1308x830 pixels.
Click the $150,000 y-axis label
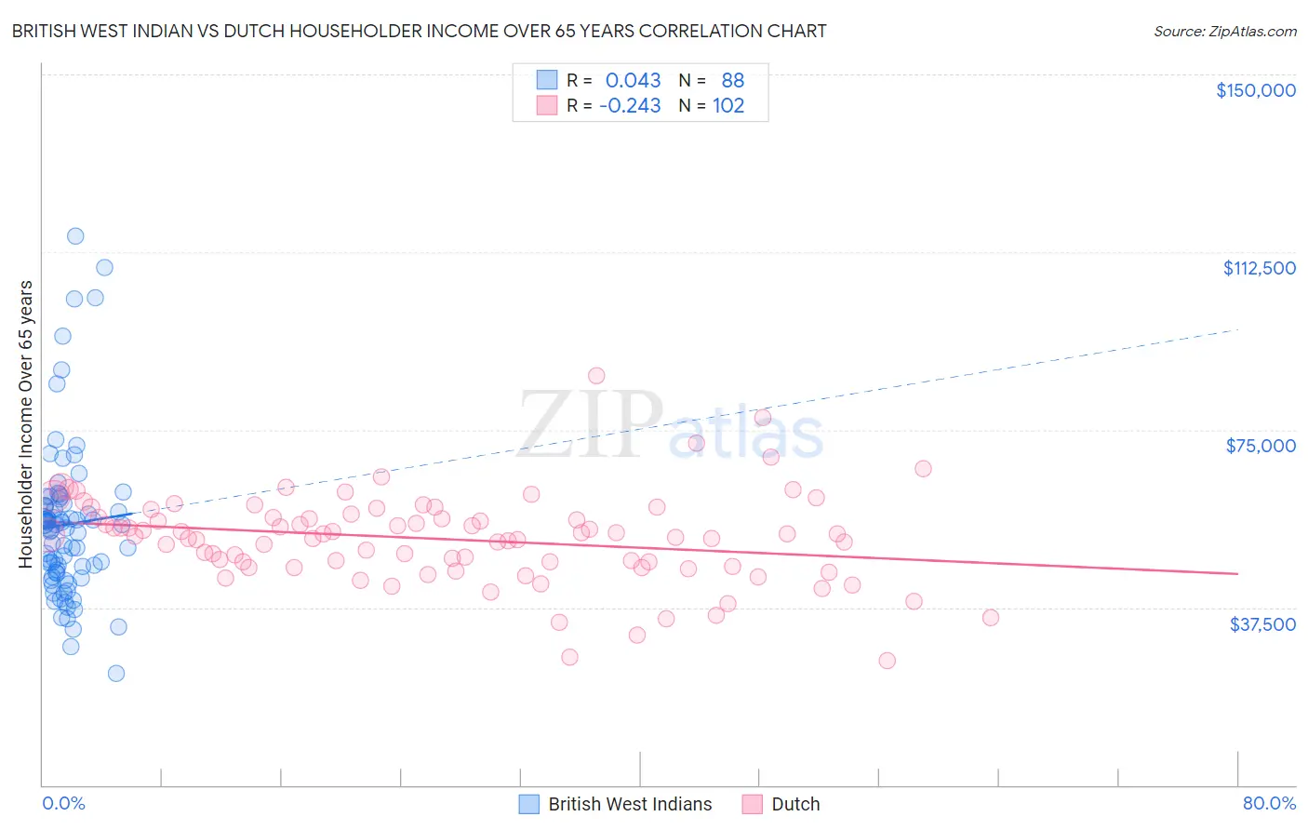tap(1255, 90)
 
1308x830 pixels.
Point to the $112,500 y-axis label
tap(1259, 268)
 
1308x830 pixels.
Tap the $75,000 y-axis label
tap(1261, 446)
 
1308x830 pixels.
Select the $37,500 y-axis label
tap(1262, 624)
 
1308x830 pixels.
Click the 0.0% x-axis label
tap(63, 803)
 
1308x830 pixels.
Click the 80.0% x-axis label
tap(1269, 803)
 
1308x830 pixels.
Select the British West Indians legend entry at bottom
tap(629, 804)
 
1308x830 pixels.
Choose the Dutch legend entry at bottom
tap(795, 804)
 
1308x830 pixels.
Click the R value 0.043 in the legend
tap(633, 81)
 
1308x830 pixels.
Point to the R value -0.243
tap(630, 106)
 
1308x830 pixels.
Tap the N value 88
tap(732, 81)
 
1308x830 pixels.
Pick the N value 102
tap(728, 106)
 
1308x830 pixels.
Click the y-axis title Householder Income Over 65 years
tap(26, 423)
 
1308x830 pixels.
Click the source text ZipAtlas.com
tap(1225, 32)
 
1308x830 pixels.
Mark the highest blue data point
tap(75, 236)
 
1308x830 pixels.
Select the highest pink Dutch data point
tap(596, 376)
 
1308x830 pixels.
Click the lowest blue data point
tap(116, 673)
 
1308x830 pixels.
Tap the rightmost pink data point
tap(990, 618)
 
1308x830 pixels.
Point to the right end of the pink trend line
tap(1237, 574)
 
